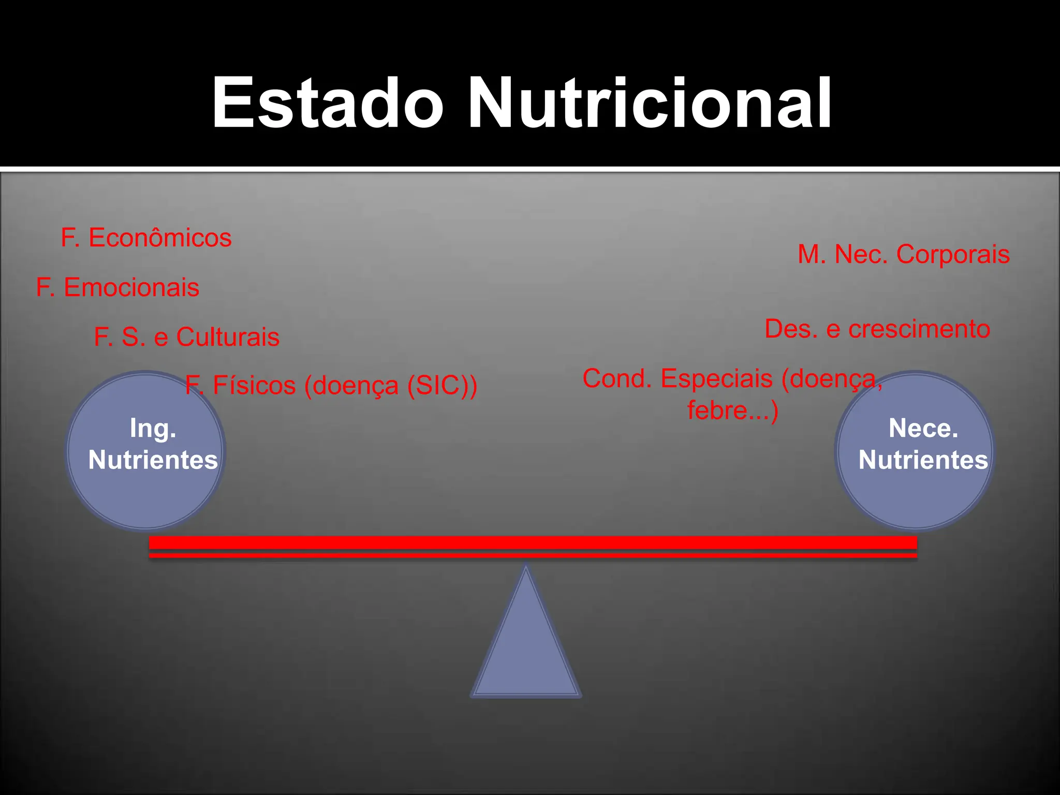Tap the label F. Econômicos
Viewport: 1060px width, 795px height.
tap(146, 238)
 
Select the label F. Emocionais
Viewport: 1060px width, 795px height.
tap(117, 287)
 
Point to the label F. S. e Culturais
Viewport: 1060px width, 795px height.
tap(186, 337)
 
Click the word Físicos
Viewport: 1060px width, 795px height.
tap(254, 386)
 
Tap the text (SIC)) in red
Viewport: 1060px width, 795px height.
tap(442, 386)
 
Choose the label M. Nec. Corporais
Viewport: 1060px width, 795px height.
tap(903, 254)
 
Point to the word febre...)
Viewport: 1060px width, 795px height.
tap(732, 410)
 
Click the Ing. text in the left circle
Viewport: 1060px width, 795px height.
tap(153, 429)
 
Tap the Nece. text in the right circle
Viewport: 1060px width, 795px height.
tap(923, 429)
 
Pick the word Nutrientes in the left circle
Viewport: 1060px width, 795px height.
tap(153, 460)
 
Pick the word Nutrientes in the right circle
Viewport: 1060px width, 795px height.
tap(923, 460)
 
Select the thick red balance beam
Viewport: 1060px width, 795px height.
tap(533, 542)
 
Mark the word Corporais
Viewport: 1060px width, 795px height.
tap(952, 254)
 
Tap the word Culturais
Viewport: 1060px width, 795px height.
tap(228, 337)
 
